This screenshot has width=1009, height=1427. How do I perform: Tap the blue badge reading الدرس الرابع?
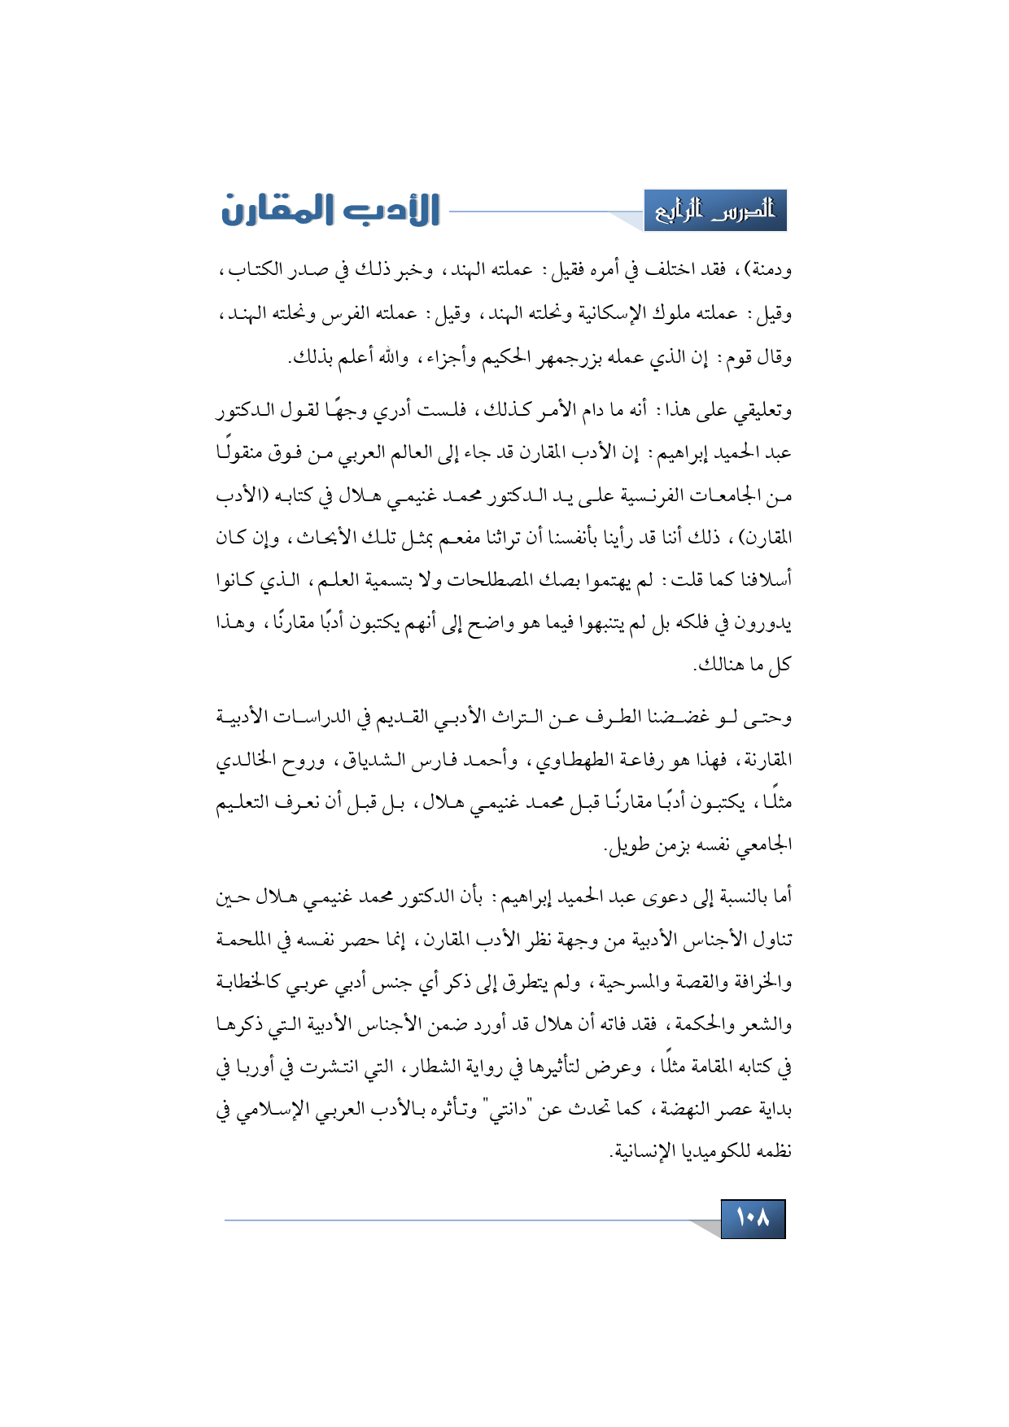click(715, 211)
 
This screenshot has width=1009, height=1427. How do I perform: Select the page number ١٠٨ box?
click(753, 1218)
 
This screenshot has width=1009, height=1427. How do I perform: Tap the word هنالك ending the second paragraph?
click(720, 665)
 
